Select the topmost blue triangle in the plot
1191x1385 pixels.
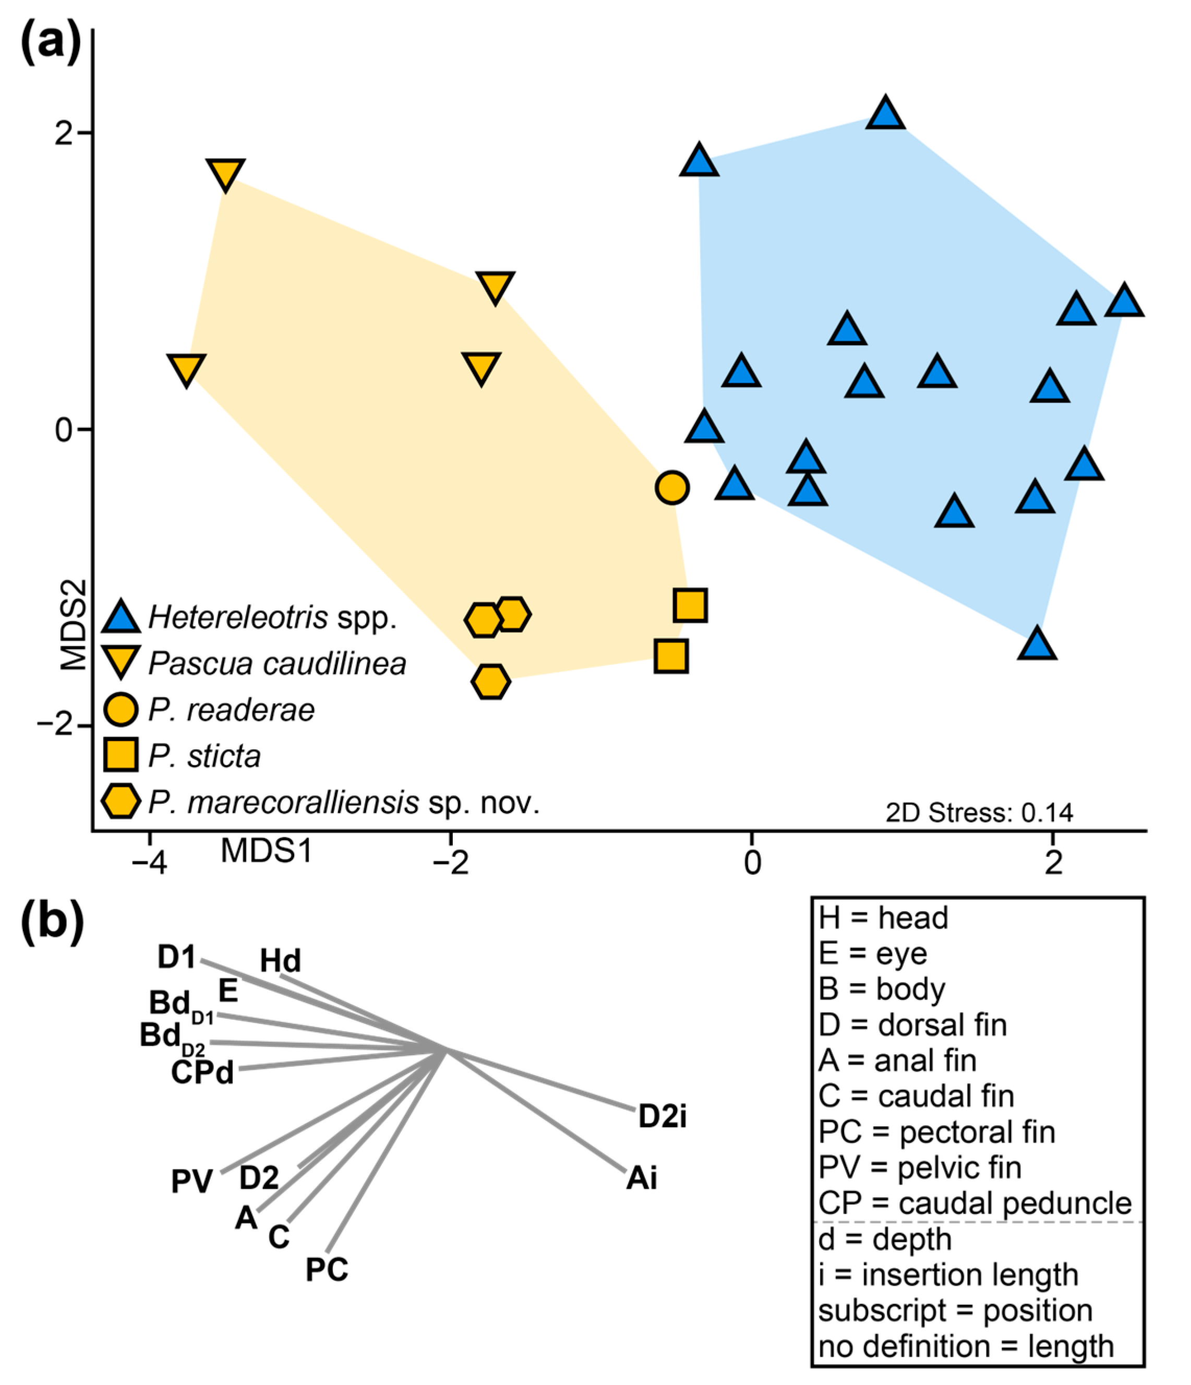(886, 114)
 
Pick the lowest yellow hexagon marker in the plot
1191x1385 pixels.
(490, 681)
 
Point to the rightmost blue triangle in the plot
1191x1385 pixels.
(1124, 301)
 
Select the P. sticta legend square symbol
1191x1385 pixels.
(121, 755)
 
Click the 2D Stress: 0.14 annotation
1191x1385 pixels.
(979, 812)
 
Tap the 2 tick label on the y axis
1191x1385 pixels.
(64, 134)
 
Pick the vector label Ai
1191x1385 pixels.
(642, 1178)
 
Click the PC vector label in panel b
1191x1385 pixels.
(327, 1269)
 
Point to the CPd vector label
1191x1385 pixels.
(202, 1073)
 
